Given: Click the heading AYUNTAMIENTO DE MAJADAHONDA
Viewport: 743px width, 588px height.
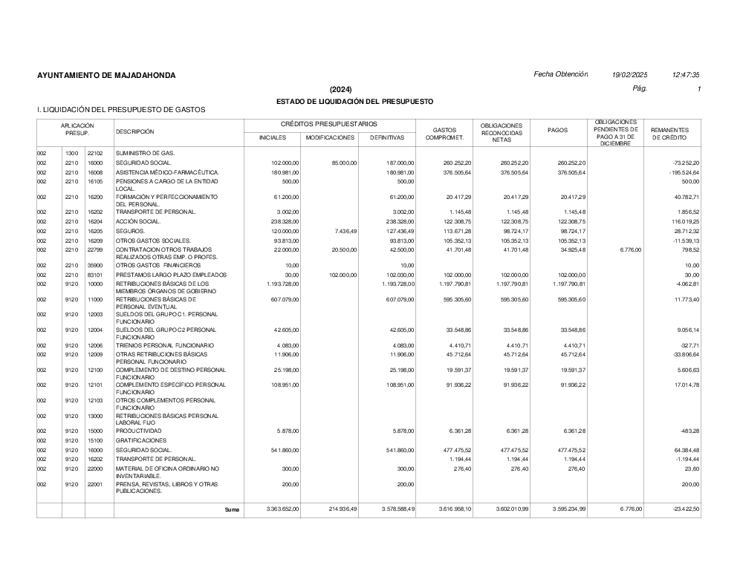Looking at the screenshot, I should click(x=106, y=75).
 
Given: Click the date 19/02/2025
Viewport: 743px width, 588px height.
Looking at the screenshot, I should click(x=630, y=75).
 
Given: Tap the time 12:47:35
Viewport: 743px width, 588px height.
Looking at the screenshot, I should click(x=685, y=75).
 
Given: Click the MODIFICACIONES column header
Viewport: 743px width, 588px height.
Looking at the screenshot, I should click(x=330, y=137).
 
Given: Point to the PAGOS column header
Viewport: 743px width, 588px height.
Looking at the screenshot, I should click(x=557, y=131).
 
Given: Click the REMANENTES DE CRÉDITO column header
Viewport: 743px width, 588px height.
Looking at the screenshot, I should click(x=669, y=134).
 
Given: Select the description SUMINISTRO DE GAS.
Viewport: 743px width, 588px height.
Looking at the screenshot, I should click(x=146, y=153).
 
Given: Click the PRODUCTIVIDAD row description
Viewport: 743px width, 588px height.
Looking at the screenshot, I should click(x=140, y=431).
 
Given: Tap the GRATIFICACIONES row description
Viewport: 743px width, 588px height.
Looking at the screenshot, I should click(x=142, y=440).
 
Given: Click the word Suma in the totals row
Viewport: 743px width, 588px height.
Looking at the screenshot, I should click(x=233, y=509).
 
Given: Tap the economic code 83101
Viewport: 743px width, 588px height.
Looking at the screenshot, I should click(x=94, y=275).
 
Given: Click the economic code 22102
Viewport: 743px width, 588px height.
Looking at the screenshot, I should click(x=94, y=153).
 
